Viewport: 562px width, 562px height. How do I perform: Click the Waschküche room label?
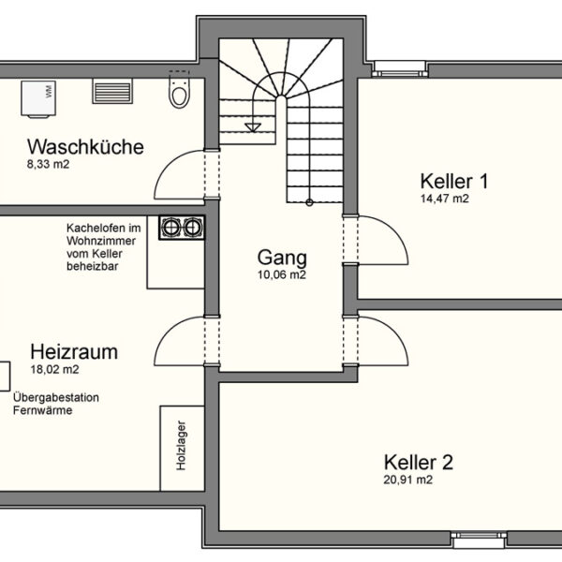coord(85,147)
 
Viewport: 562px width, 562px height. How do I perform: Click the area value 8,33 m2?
coord(48,165)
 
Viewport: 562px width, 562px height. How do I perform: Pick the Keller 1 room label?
coord(454,181)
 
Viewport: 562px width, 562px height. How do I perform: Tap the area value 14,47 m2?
coord(445,199)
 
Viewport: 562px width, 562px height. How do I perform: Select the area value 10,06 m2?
coord(282,275)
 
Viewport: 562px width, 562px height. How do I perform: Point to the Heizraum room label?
coord(74,352)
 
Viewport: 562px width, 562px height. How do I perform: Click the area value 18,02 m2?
coord(54,370)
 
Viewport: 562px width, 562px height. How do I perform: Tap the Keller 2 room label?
coord(419,462)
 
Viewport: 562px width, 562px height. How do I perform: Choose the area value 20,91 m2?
coord(408,480)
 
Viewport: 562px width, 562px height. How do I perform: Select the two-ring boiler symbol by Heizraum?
coord(182,228)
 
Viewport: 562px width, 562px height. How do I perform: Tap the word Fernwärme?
coord(42,410)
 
